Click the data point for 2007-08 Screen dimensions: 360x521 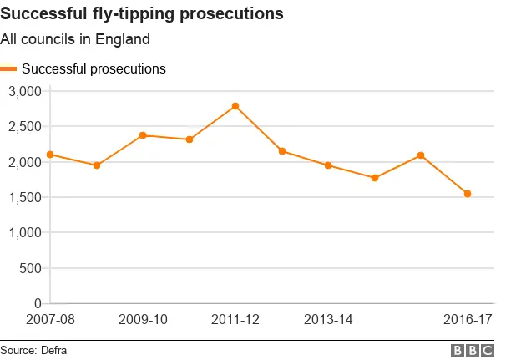tap(51, 155)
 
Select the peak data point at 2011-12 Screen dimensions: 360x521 tap(235, 106)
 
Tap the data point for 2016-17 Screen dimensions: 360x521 tap(468, 194)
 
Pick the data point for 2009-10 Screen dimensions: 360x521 tap(143, 135)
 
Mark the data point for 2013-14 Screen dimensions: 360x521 tap(328, 165)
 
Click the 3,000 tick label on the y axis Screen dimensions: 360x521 tap(24, 91)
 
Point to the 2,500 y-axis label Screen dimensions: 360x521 tap(24, 126)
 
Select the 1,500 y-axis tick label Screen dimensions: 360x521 tap(24, 197)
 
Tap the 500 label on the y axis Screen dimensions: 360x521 tap(31, 268)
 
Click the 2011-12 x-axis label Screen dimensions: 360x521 tap(235, 320)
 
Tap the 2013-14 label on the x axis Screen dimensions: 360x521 tap(328, 320)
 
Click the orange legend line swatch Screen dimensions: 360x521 tap(9, 69)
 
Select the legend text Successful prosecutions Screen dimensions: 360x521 tap(94, 69)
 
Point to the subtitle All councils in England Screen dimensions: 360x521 tap(75, 39)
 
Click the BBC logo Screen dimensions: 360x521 tap(473, 351)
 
